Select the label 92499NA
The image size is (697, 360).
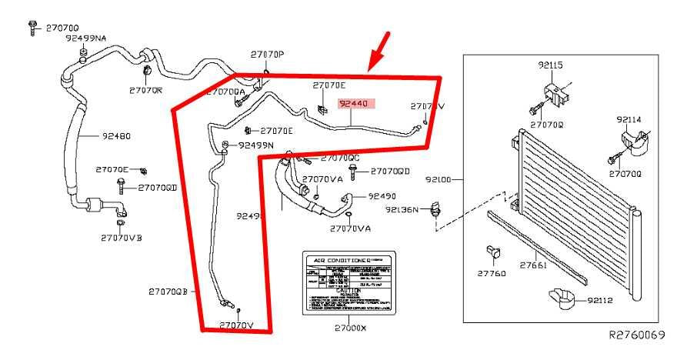click(x=86, y=38)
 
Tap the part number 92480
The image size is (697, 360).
click(x=115, y=136)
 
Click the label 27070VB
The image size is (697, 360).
click(x=121, y=237)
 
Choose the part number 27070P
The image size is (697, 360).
click(x=267, y=54)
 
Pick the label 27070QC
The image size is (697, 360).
click(x=340, y=158)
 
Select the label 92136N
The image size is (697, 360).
click(x=402, y=208)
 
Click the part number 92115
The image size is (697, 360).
click(x=552, y=67)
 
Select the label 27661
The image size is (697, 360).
click(x=532, y=265)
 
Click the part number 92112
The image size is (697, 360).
click(x=599, y=300)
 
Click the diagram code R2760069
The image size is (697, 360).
click(x=637, y=335)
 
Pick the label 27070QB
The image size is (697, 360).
click(x=168, y=292)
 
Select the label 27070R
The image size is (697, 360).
click(x=145, y=90)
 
